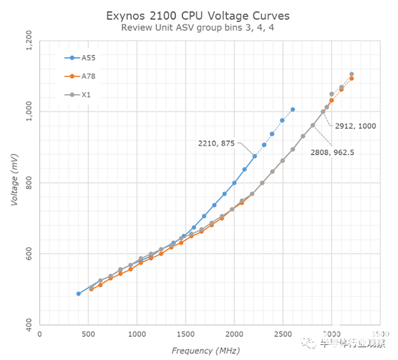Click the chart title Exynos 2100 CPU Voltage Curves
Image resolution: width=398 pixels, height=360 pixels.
pos(199,15)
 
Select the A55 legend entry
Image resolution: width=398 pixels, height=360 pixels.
pos(88,58)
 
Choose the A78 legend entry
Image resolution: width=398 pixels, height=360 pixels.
pos(88,76)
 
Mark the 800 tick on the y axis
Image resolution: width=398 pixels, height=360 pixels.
pos(29,183)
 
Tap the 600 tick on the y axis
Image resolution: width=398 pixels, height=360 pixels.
pos(29,254)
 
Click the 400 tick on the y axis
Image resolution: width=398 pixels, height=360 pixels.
pos(29,326)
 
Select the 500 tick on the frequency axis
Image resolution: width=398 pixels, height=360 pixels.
pos(88,335)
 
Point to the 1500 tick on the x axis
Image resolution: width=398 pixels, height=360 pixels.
pos(185,335)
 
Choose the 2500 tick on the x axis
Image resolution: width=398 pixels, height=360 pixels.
pos(283,335)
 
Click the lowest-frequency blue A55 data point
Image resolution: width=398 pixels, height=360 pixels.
pos(78,294)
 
